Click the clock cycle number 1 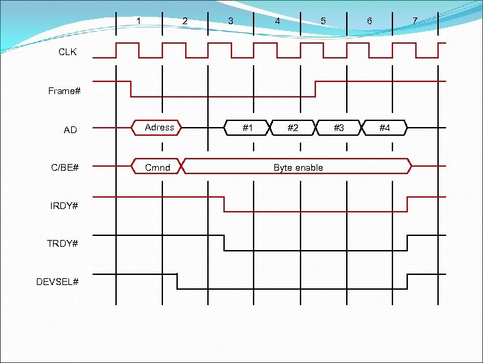point(139,20)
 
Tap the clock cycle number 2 point(185,22)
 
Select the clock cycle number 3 point(231,21)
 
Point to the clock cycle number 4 point(277,22)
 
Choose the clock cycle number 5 point(323,21)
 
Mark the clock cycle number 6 point(370,22)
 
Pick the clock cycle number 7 point(415,21)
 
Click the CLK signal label point(68,52)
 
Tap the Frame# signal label point(64,91)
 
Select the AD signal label point(70,130)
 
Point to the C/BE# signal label point(65,167)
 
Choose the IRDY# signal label point(64,205)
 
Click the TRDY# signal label point(64,243)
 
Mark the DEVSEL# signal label point(58,281)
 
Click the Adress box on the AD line point(159,127)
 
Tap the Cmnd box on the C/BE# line point(158,167)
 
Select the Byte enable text point(298,167)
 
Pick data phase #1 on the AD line point(248,127)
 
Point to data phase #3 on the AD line point(339,127)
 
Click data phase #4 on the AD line point(385,127)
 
